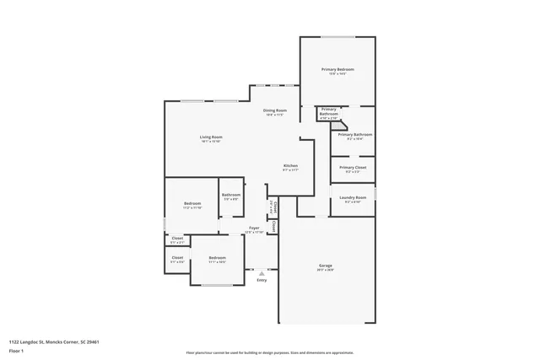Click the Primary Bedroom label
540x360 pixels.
337,69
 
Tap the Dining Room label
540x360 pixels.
275,111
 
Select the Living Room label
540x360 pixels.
211,137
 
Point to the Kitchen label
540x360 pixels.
290,166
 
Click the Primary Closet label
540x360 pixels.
353,168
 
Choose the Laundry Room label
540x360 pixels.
353,197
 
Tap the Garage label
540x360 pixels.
325,265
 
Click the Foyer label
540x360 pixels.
254,228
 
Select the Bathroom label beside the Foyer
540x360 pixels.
231,196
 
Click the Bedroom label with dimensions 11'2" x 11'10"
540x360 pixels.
192,204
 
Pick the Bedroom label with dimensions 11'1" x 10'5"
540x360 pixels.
217,258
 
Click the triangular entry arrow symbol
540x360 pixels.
262,273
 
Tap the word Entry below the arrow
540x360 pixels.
262,280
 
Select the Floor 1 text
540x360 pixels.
15,349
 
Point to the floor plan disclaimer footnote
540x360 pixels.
269,353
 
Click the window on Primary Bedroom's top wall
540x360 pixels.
337,37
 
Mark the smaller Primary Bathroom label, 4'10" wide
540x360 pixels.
328,112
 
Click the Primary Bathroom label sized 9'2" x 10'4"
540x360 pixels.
355,135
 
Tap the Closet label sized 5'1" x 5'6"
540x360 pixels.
177,258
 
